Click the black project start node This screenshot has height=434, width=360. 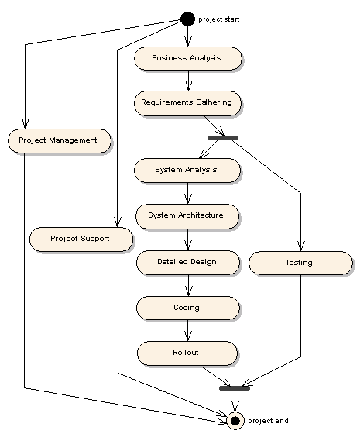point(187,19)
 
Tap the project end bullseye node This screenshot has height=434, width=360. point(235,421)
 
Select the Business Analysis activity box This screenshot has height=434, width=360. point(188,58)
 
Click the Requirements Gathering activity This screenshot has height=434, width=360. point(187,103)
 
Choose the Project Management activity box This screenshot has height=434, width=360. point(60,141)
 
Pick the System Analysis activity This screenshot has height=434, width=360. point(187,170)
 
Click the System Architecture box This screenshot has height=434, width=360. point(187,216)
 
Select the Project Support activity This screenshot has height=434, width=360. point(81,239)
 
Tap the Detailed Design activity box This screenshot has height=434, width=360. point(188,263)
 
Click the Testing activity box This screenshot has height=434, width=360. point(300,263)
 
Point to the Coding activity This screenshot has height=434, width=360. point(188,308)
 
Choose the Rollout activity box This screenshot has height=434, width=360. point(187,353)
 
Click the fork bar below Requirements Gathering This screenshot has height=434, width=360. point(223,138)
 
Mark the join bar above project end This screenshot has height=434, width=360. point(235,388)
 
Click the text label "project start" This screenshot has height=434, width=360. point(218,19)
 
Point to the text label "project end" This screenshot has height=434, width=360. point(268,421)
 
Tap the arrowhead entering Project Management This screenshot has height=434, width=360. point(25,124)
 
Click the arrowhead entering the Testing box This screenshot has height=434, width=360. point(301,246)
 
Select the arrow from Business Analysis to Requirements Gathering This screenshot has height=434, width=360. point(189,81)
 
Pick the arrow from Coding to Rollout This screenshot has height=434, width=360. point(187,331)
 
